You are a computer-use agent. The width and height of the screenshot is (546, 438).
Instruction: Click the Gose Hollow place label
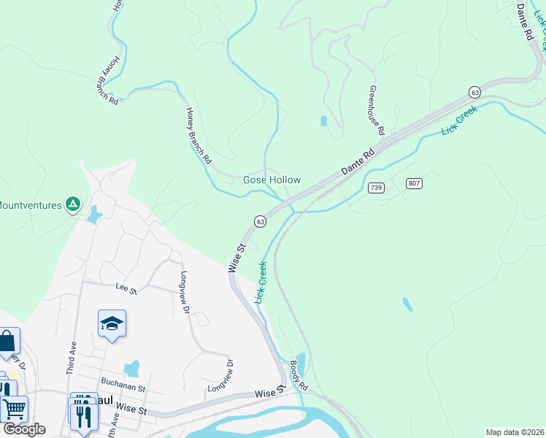click(x=272, y=180)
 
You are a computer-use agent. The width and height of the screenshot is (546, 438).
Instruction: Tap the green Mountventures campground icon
click(x=72, y=205)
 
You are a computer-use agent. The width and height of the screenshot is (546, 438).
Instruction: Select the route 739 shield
click(x=376, y=188)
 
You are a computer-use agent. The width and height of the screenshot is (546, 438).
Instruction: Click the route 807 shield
click(x=415, y=183)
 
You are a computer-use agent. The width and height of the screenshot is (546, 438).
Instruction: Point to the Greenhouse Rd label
click(x=376, y=110)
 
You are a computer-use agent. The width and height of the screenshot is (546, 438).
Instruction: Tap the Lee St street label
click(x=126, y=291)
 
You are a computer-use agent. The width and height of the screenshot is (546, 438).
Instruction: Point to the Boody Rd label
click(x=298, y=373)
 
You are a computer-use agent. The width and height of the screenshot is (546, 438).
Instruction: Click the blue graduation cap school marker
click(x=112, y=323)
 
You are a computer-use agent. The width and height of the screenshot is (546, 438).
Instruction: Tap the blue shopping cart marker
click(x=14, y=410)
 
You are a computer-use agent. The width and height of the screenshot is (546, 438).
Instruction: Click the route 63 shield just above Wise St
click(x=259, y=221)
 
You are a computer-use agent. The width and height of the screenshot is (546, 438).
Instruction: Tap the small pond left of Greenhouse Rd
click(x=323, y=120)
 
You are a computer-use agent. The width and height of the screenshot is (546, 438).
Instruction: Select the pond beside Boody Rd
click(x=301, y=361)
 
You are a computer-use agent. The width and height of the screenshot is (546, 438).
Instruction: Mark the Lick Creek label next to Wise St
click(x=261, y=283)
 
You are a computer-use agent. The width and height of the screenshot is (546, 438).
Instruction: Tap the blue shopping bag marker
click(x=7, y=342)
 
